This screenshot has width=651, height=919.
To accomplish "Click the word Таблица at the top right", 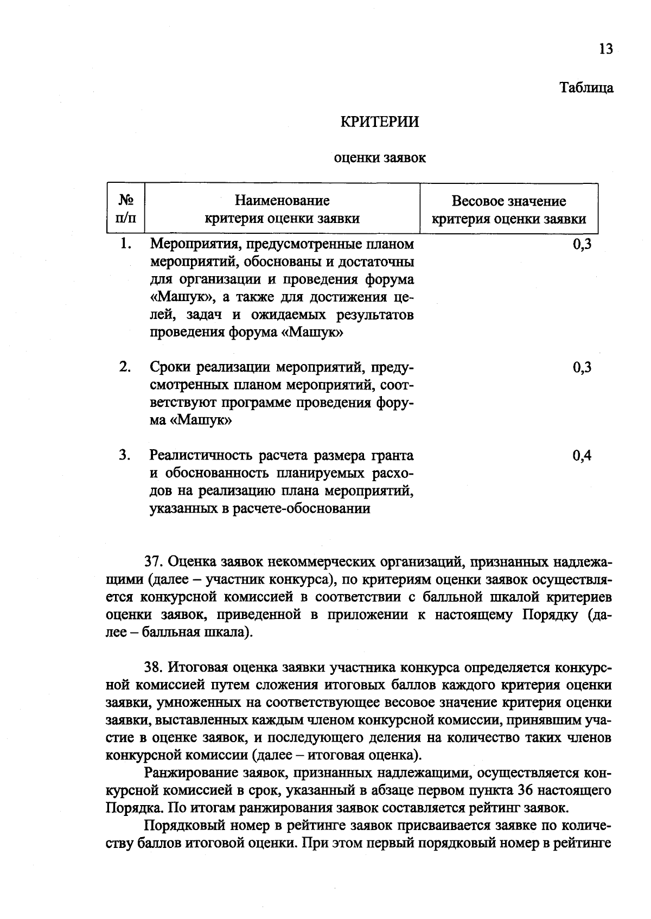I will click(586, 88).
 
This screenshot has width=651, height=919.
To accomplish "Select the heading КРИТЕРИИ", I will click(379, 122).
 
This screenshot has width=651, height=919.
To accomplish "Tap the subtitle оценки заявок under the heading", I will click(380, 158).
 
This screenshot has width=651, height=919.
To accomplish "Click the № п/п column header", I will click(126, 210).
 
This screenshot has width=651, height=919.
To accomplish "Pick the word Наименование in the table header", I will click(282, 201).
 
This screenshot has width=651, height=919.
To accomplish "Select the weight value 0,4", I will click(582, 455).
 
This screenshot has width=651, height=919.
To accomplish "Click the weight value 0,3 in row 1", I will click(582, 244).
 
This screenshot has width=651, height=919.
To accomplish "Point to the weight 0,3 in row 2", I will click(582, 368).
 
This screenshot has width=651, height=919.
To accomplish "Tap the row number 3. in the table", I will click(125, 455).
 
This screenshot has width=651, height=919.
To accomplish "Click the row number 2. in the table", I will click(125, 367).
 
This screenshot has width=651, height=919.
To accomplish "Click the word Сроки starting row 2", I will click(171, 368).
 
